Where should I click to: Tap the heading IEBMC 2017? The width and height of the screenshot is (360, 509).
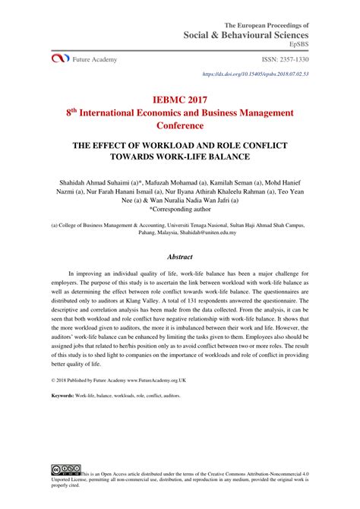(x=179, y=99)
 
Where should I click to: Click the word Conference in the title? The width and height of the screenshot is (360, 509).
(x=179, y=127)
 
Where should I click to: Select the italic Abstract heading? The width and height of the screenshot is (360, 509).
(x=179, y=257)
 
